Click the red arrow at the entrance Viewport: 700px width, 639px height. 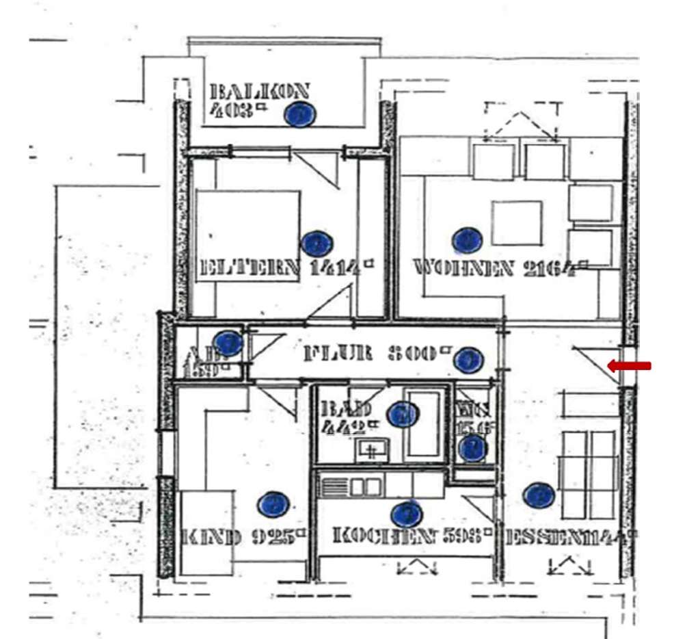[x=629, y=367]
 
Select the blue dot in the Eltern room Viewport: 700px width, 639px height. [x=316, y=243]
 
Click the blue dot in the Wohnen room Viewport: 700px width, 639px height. [x=467, y=240]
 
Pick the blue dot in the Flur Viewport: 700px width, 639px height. [x=469, y=359]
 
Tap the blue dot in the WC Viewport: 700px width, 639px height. [x=472, y=449]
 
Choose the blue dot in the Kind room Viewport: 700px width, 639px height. [x=273, y=505]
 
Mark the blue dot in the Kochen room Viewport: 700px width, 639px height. [x=406, y=514]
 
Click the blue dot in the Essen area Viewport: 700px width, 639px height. [x=539, y=495]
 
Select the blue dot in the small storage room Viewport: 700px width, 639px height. [x=228, y=343]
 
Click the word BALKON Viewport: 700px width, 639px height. [x=260, y=92]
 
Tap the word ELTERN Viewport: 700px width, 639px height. [x=248, y=268]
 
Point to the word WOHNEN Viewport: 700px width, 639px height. [x=463, y=268]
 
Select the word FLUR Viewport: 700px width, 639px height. [x=338, y=354]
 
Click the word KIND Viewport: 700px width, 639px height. [x=211, y=537]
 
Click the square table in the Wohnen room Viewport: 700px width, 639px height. [x=516, y=223]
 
